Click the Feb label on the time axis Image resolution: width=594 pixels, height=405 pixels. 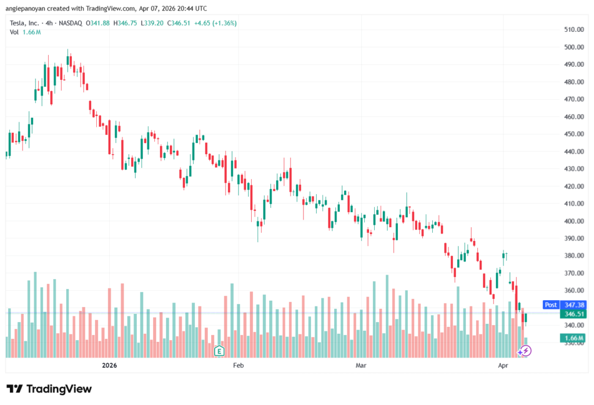click(238, 366)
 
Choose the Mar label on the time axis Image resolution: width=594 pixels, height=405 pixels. click(361, 366)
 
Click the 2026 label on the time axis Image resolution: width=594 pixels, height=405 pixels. click(110, 366)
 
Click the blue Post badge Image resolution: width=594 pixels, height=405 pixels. click(550, 304)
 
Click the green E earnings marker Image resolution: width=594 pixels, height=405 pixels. click(219, 350)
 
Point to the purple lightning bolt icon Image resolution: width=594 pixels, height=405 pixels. click(525, 350)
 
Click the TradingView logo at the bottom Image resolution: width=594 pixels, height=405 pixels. click(49, 389)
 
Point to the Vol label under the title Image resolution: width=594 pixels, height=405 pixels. click(15, 32)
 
